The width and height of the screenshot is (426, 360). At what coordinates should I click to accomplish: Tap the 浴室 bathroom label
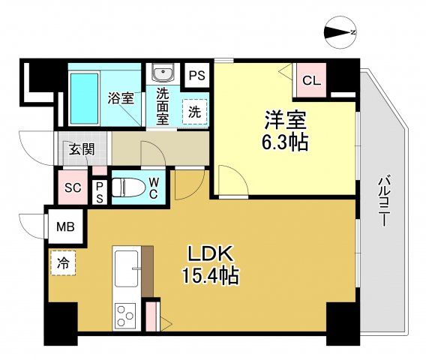(121, 97)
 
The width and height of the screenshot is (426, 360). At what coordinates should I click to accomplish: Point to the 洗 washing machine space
(194, 112)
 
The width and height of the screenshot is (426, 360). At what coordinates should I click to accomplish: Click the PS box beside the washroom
(197, 75)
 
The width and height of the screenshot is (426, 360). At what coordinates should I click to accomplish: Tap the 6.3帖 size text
(286, 142)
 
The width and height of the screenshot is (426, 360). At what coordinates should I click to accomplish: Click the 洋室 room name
(285, 118)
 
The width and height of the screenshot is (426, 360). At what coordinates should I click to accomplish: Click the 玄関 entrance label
(82, 148)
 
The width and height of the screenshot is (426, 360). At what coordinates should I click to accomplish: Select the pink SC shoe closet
(72, 187)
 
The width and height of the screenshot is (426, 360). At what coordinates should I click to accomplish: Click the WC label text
(153, 187)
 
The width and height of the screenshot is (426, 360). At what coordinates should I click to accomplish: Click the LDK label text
(211, 253)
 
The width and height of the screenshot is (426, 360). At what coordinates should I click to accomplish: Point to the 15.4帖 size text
(211, 277)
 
